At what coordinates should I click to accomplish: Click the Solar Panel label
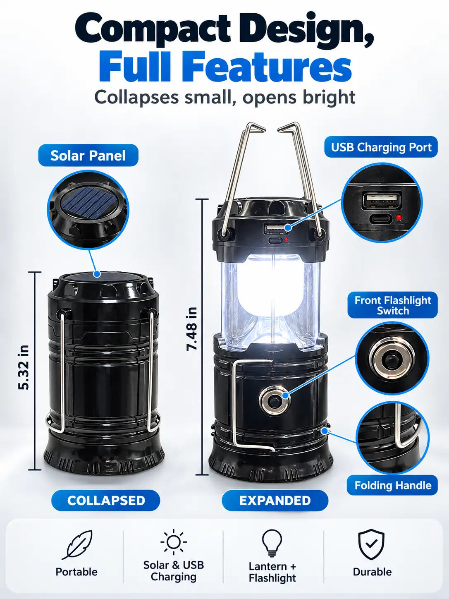point(88,155)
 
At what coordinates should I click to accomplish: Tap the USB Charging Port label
point(381,147)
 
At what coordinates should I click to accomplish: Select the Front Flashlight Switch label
point(393,305)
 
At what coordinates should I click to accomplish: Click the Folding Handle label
point(393,485)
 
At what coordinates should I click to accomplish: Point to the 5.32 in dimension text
point(24,367)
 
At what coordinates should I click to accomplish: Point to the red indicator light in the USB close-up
point(399,218)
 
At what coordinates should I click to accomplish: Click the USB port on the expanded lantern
point(276,229)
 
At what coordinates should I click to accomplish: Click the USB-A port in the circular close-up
point(382,201)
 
